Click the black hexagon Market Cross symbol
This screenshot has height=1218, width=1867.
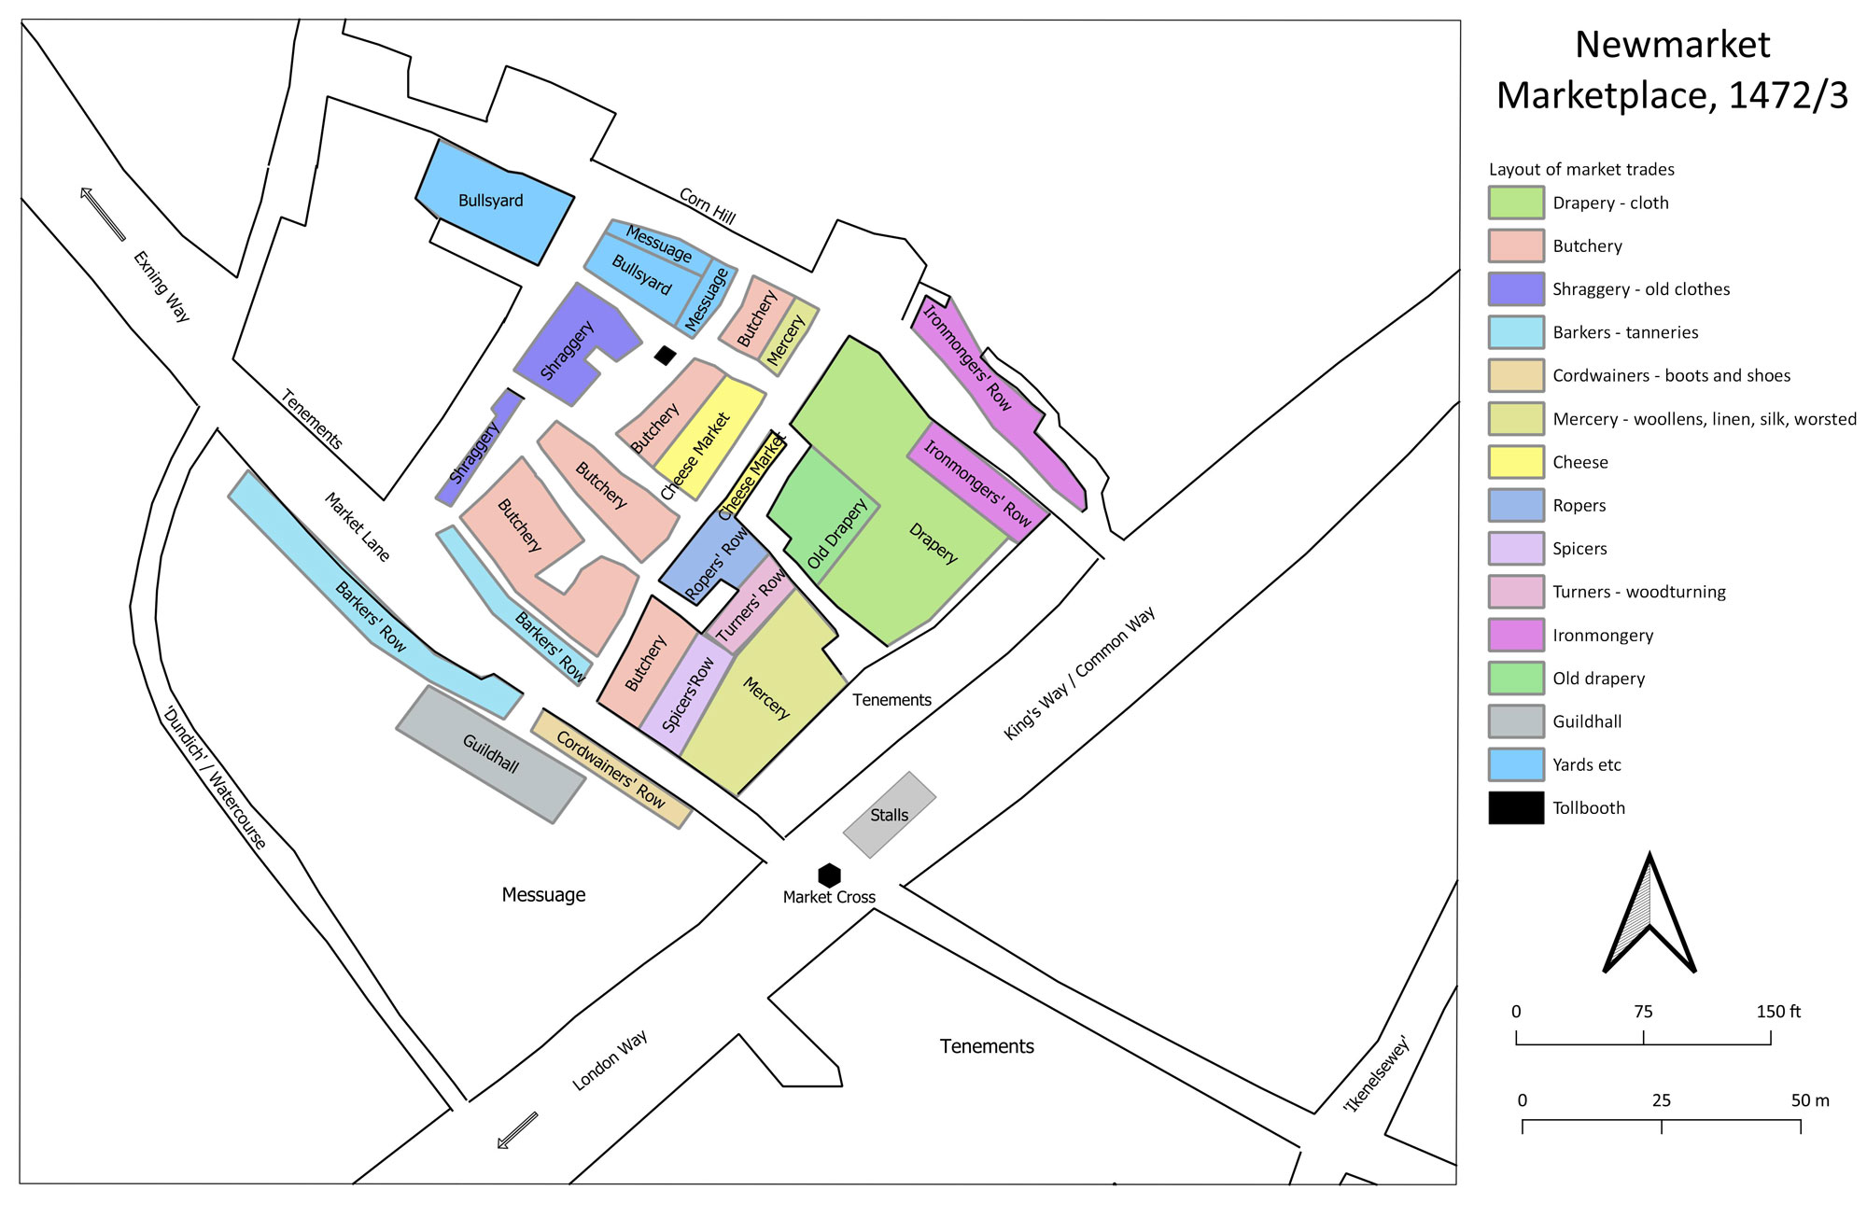829,875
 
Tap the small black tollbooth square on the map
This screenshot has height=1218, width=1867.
665,355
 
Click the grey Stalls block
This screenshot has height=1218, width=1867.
890,815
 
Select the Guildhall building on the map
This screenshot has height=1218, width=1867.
491,754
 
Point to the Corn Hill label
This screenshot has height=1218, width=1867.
708,206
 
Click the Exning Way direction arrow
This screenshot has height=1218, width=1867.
103,214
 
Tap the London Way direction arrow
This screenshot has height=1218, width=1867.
518,1130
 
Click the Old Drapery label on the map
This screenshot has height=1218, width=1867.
837,534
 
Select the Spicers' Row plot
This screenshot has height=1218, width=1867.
686,694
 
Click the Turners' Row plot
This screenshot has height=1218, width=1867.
750,603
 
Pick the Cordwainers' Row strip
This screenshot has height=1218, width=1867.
611,769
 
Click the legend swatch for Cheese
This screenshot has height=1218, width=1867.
1516,462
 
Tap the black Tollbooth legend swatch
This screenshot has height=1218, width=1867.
1516,808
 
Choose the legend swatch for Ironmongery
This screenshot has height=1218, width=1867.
1516,636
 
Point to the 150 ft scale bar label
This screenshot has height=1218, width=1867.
1778,1012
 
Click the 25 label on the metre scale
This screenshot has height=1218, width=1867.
1662,1100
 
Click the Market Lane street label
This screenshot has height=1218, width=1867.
358,527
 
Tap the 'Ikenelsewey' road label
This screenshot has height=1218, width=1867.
1375,1074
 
